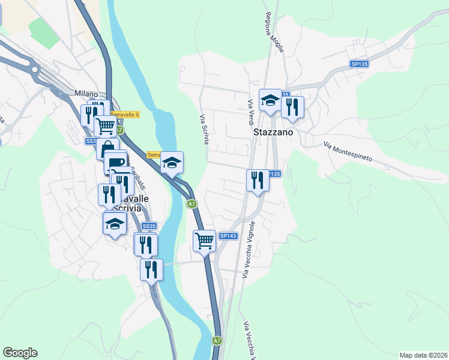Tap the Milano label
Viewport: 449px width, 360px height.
[x=86, y=94]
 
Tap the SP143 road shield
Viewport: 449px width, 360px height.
[x=228, y=236]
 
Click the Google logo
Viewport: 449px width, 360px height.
[x=20, y=353]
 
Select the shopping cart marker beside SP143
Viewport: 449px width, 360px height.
[x=204, y=241]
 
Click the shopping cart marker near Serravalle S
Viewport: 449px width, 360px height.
[x=106, y=125]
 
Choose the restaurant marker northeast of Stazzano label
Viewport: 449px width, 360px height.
[x=292, y=106]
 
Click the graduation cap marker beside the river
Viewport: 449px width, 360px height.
[x=172, y=162]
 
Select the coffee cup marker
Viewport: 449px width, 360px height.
[x=115, y=162]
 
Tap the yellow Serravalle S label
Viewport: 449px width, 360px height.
[x=124, y=115]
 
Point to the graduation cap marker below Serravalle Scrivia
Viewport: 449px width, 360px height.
[x=114, y=223]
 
